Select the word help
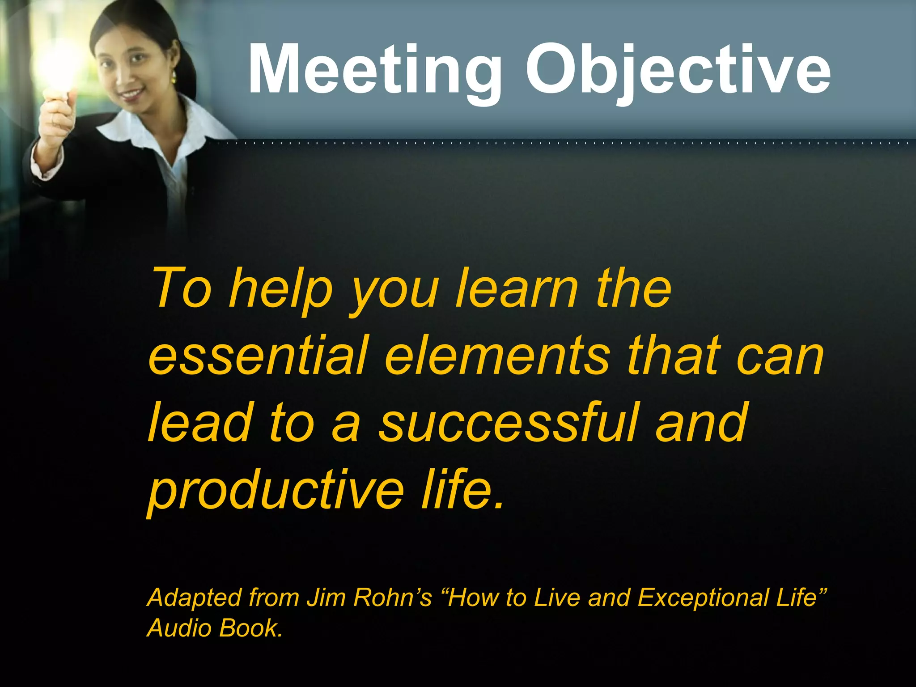click(x=281, y=290)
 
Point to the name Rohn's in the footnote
click(x=393, y=598)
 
